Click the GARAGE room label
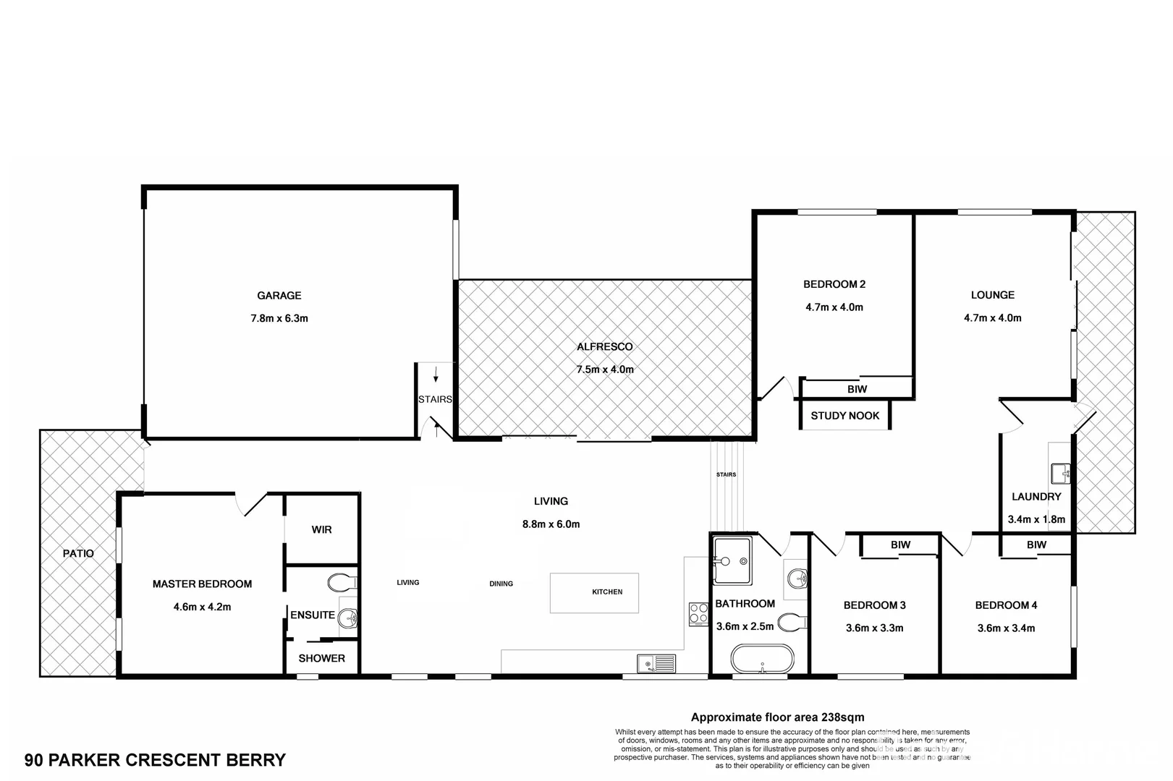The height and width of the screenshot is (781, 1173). (279, 295)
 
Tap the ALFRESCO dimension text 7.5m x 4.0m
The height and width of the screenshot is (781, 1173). (604, 370)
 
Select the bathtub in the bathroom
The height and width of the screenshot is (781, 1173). (761, 659)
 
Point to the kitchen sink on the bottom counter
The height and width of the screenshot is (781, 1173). (656, 662)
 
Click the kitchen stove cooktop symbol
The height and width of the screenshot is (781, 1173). (698, 614)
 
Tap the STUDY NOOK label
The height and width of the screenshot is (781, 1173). (844, 416)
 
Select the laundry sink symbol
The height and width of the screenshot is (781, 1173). (1060, 474)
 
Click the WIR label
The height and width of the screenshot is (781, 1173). (321, 529)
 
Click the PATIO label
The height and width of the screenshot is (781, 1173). (78, 553)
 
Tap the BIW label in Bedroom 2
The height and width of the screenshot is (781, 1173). (857, 389)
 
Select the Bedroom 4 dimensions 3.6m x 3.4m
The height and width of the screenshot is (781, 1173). (1006, 628)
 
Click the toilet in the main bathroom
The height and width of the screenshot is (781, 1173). (792, 622)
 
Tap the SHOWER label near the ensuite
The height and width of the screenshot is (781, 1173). (321, 658)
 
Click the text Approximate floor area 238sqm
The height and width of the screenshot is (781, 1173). (777, 717)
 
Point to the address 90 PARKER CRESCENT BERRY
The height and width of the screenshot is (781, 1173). (155, 760)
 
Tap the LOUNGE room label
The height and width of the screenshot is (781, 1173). (992, 295)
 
